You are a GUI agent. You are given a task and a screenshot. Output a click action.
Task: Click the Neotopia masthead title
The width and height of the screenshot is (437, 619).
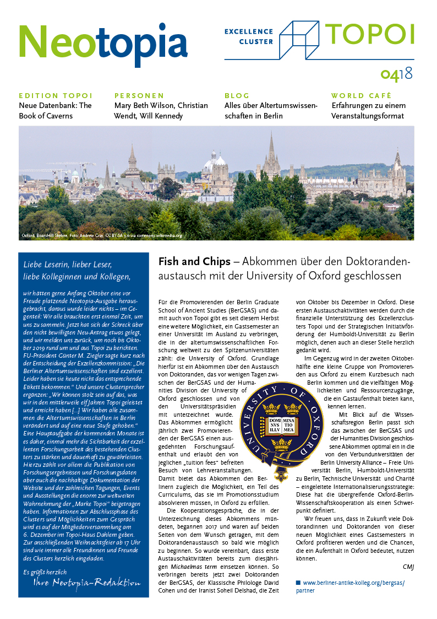click(103, 44)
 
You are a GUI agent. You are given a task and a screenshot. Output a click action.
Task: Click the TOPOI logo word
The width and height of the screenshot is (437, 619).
click(369, 34)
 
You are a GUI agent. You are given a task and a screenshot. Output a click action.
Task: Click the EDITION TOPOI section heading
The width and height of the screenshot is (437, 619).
click(56, 95)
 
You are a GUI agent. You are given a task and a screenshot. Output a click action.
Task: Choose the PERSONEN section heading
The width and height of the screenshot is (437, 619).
click(139, 95)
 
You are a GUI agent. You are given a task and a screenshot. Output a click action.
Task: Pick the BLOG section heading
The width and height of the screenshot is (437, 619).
click(237, 95)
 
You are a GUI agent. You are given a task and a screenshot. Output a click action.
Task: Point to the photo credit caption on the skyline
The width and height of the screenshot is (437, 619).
click(101, 235)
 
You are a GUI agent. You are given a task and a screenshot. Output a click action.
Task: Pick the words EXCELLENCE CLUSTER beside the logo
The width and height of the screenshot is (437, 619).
click(249, 36)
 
